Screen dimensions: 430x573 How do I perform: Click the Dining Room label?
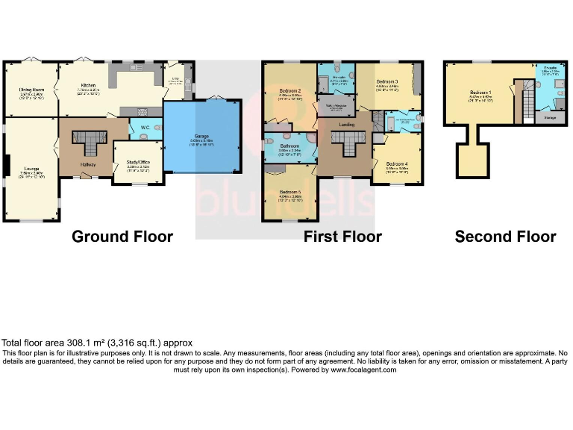coord(31,90)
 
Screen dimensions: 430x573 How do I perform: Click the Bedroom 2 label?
coord(289,92)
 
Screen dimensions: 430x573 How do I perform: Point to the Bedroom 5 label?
coord(289,193)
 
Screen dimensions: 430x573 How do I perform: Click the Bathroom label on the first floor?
coord(289,146)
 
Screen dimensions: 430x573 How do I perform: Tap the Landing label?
coord(346,125)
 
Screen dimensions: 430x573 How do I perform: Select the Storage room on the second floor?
coord(549,116)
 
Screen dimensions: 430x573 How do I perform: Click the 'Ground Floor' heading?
coord(122,237)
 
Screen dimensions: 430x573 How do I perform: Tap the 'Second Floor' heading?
coord(505,237)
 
